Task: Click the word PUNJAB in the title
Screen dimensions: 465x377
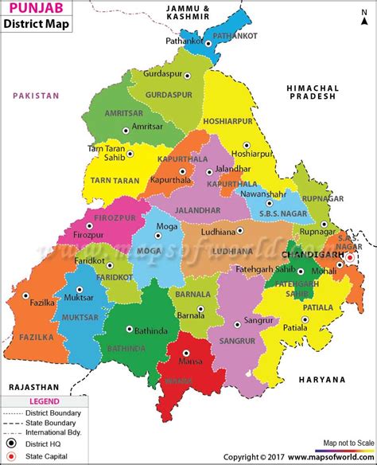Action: (32, 10)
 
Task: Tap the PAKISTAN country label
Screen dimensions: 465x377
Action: (36, 96)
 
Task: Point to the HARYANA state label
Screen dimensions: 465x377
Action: (323, 380)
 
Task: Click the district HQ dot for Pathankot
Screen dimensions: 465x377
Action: (209, 44)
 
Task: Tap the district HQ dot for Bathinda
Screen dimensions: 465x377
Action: (129, 328)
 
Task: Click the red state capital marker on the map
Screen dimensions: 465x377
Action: (348, 257)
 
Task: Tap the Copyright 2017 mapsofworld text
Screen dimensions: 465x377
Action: (299, 458)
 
